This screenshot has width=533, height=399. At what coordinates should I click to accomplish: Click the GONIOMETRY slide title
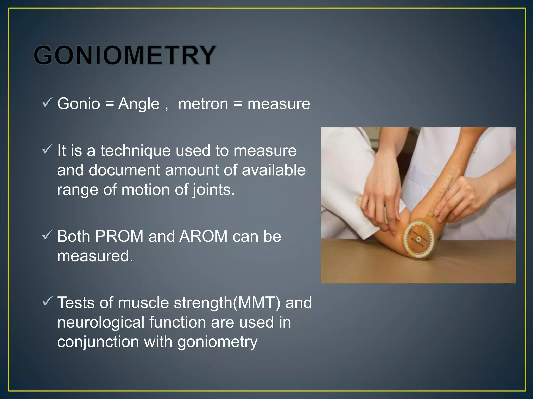[125, 55]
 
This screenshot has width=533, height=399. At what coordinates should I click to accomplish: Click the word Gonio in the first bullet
[79, 104]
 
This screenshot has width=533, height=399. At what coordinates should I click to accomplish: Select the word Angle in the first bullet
[138, 104]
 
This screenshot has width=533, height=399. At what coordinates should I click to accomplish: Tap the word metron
[203, 104]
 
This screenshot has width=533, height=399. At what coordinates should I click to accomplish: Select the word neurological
[101, 322]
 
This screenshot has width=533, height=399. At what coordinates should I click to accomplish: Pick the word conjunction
[98, 342]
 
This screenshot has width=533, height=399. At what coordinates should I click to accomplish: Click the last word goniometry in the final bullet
[217, 342]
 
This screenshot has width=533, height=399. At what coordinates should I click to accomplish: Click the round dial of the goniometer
[418, 239]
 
